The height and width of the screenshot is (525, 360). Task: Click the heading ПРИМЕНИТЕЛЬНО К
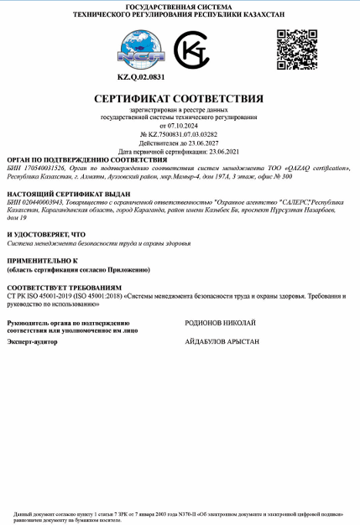pyautogui.click(x=42, y=262)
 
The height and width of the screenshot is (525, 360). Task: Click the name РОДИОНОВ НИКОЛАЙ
pyautogui.click(x=220, y=322)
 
